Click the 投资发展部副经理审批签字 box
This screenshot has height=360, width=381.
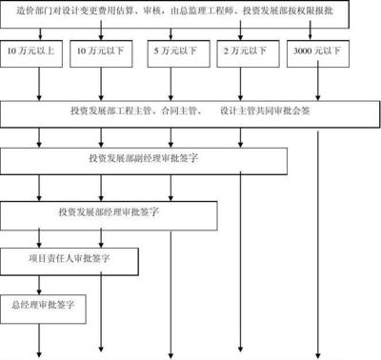click(144, 159)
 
